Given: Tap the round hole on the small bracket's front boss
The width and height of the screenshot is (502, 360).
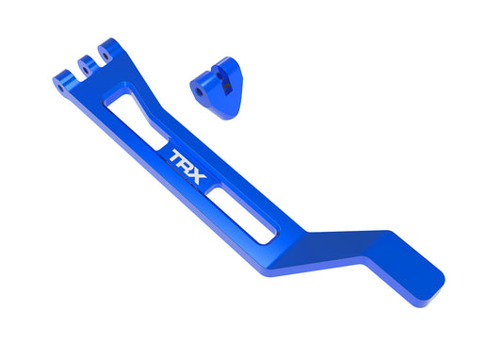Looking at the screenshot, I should [201, 90].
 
